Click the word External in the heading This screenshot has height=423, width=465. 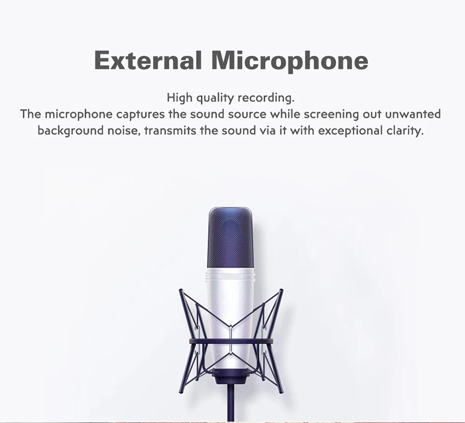pyautogui.click(x=148, y=60)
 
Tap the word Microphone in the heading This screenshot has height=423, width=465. pyautogui.click(x=290, y=61)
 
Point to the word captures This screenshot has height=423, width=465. pyautogui.click(x=140, y=115)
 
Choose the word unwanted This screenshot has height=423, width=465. pyautogui.click(x=413, y=114)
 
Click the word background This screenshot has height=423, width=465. pyautogui.click(x=71, y=130)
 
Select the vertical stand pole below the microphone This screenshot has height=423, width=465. pyautogui.click(x=231, y=403)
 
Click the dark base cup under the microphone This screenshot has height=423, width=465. pyautogui.click(x=231, y=376)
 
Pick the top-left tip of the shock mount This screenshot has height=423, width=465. pyautogui.click(x=180, y=290)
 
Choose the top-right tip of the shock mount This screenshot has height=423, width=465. pyautogui.click(x=281, y=290)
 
